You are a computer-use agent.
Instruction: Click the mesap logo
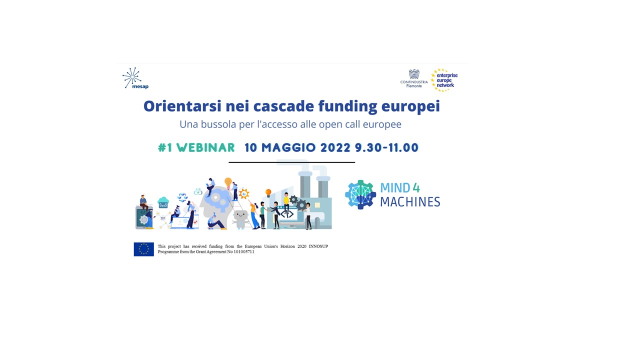click(x=135, y=78)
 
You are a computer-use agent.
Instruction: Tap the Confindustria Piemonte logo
click(x=414, y=78)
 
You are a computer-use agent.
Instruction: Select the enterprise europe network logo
click(x=444, y=80)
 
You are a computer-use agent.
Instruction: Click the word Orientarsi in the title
click(x=182, y=106)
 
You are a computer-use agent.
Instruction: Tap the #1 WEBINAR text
click(x=196, y=147)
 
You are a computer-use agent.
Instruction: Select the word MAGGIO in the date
click(x=288, y=147)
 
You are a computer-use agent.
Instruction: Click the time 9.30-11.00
click(x=386, y=147)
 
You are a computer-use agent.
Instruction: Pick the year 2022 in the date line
click(x=335, y=147)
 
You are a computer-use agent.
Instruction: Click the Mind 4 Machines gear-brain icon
click(x=360, y=194)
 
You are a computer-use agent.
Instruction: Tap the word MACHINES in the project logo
click(x=410, y=202)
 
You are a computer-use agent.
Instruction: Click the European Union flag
click(x=143, y=249)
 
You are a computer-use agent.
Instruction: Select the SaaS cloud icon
click(x=163, y=202)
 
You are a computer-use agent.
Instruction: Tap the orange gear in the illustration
click(x=243, y=193)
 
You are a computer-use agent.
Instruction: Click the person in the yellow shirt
click(x=286, y=203)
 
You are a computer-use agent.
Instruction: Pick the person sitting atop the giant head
click(x=210, y=187)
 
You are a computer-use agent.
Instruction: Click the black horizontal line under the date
click(x=291, y=162)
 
